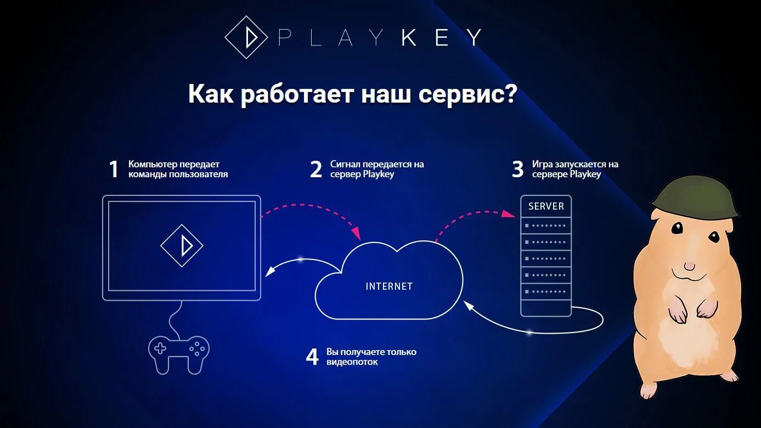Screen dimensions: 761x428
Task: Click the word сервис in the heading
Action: click(466, 94)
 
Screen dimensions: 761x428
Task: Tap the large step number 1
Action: click(114, 170)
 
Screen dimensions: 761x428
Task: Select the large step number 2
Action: click(315, 170)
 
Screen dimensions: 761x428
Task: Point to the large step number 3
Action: click(517, 170)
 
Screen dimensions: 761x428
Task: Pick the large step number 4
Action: click(312, 357)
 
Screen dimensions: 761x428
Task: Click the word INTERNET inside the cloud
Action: click(389, 286)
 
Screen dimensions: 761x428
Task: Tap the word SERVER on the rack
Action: click(546, 206)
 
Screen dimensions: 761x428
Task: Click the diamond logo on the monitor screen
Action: click(182, 245)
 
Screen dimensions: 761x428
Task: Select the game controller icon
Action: click(179, 354)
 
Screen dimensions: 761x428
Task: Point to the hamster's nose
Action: click(689, 265)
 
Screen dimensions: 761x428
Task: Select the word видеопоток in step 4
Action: click(352, 362)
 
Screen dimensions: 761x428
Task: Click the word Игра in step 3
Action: click(542, 164)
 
